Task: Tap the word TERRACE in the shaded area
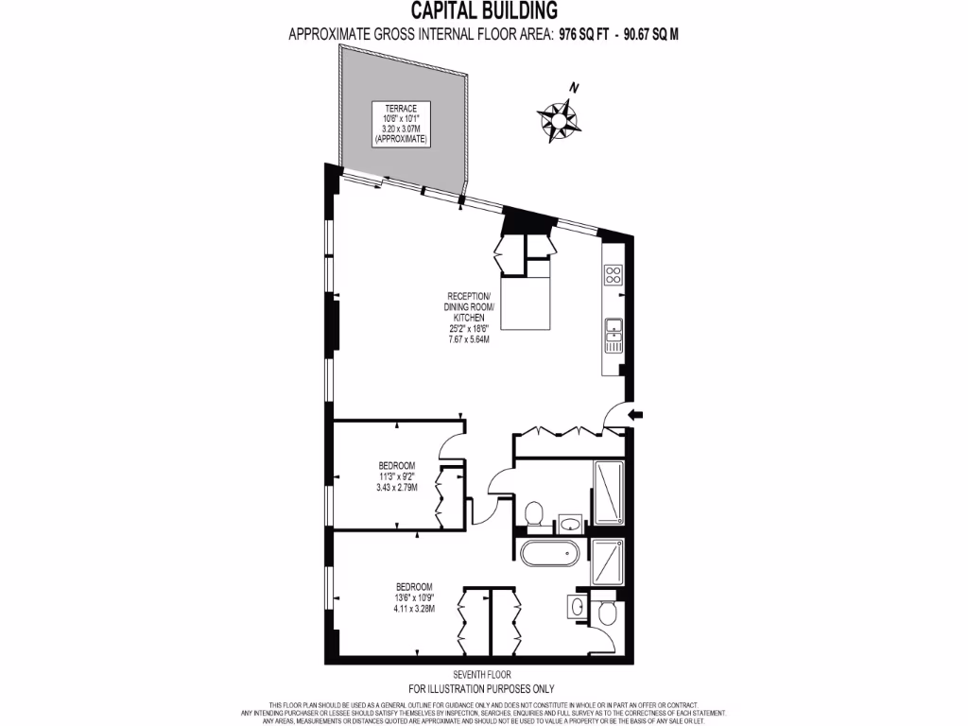pos(401,108)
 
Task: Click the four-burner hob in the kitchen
pos(613,276)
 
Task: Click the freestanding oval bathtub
pos(550,553)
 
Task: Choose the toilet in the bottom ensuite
pos(608,615)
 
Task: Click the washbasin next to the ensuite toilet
pos(578,606)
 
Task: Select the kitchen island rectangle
pos(525,303)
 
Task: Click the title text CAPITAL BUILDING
pos(483,11)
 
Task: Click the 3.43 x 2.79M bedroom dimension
pos(396,488)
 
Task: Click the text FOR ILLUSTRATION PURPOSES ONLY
pos(481,689)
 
